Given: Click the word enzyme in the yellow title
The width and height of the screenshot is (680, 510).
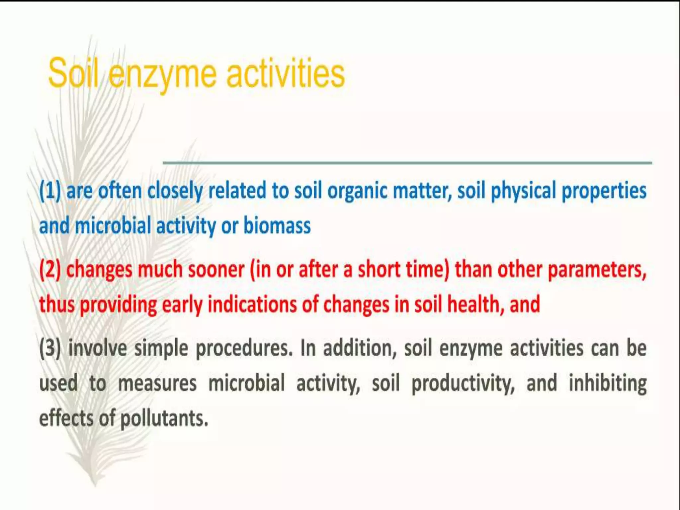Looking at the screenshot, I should click(163, 75).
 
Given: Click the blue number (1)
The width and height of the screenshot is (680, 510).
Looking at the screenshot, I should click(50, 191).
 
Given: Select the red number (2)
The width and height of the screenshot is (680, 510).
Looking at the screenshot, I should click(50, 270).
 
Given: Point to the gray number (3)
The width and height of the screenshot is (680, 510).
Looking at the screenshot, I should click(50, 348).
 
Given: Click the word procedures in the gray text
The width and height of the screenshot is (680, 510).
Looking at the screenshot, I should click(244, 349).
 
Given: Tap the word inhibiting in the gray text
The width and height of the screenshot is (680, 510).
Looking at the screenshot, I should click(608, 383).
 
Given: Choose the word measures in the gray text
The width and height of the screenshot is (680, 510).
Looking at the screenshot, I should click(157, 383).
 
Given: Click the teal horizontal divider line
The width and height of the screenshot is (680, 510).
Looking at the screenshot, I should click(407, 163).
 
